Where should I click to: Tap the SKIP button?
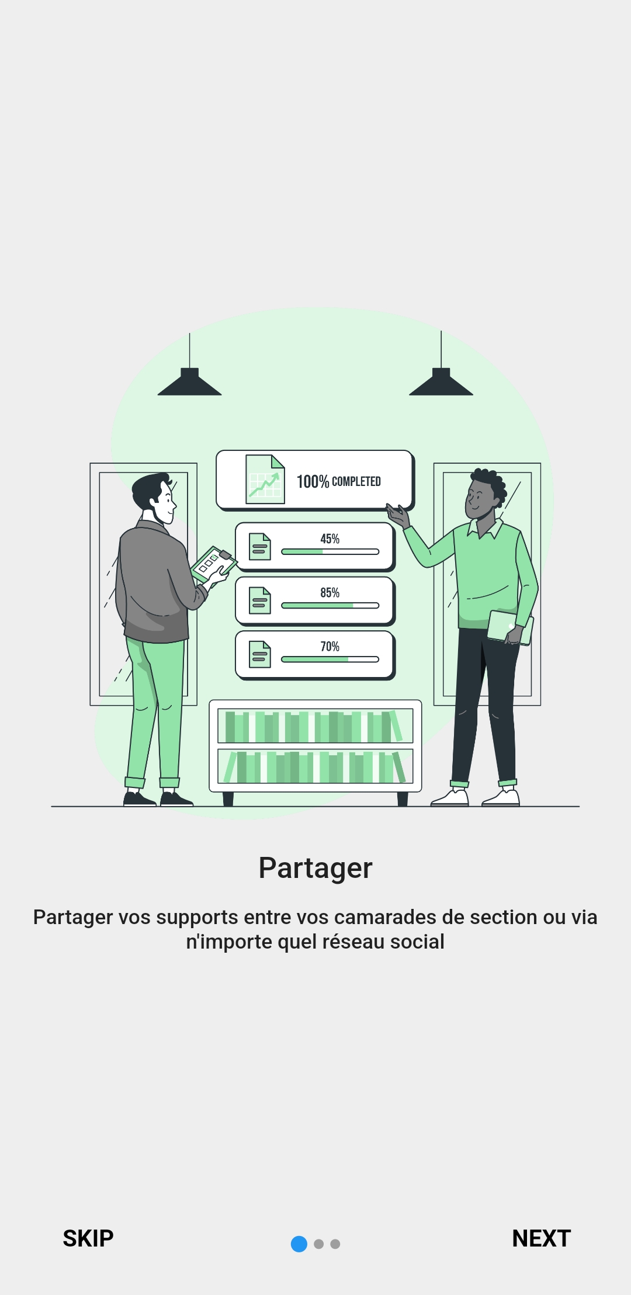click(88, 1238)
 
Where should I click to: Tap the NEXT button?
click(541, 1238)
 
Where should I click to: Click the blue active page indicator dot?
click(299, 1244)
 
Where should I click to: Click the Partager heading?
click(315, 867)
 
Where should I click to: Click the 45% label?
click(330, 539)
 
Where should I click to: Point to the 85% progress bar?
click(330, 606)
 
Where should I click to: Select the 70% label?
click(330, 646)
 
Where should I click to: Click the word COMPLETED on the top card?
click(356, 481)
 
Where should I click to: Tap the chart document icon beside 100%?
click(265, 479)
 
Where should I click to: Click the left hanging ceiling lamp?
click(189, 383)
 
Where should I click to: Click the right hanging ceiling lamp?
click(441, 383)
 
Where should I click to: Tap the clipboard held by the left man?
click(213, 563)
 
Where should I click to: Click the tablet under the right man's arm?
click(509, 627)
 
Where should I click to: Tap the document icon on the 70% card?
click(259, 654)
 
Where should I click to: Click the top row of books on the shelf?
click(315, 726)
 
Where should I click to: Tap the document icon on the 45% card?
click(259, 547)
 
